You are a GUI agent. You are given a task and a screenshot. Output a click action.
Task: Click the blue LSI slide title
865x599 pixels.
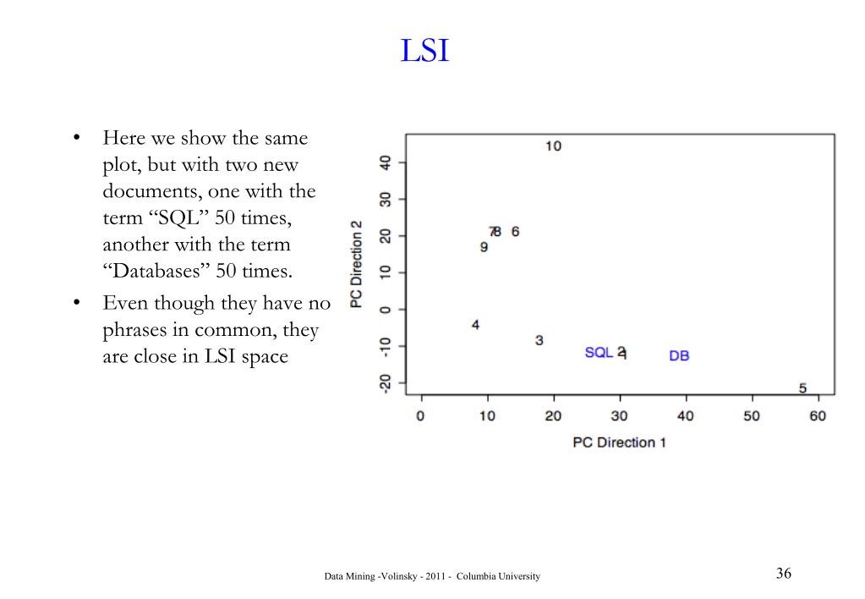424,52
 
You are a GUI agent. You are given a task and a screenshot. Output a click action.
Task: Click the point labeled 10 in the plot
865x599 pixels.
553,146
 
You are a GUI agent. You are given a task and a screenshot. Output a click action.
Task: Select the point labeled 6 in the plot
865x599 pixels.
515,232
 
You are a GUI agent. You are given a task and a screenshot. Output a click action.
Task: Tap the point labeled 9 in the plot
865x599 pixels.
484,247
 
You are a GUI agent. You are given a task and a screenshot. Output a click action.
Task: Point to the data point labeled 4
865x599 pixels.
475,325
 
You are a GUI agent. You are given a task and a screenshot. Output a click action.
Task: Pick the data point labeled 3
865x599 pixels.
539,340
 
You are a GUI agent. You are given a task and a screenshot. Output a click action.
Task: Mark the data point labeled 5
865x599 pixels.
802,388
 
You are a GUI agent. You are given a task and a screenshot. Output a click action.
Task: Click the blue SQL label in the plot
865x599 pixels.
599,353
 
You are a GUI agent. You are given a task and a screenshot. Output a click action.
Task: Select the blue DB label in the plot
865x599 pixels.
679,356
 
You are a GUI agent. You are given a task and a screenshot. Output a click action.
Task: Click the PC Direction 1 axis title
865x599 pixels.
619,442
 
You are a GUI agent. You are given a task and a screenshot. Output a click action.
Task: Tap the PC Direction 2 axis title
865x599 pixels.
358,264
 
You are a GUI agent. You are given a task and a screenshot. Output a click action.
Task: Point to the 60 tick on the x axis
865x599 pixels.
818,415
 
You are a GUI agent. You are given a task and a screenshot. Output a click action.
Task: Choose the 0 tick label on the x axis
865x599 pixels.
420,415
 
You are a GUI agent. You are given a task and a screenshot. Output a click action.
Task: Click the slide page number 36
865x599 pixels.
783,574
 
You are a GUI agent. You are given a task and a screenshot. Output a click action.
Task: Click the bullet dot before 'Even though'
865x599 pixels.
76,303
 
